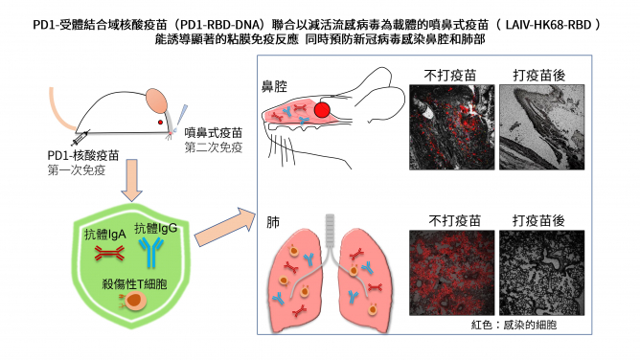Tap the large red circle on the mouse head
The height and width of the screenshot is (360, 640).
tap(323, 109)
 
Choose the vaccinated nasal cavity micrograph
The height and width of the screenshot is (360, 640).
tap(537, 135)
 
